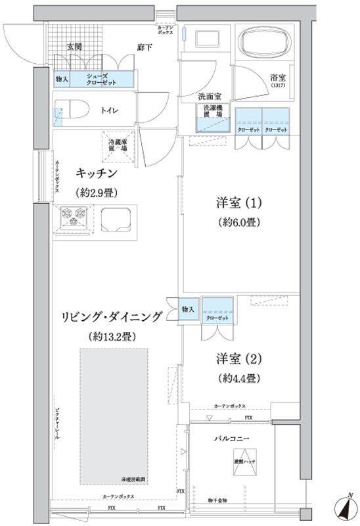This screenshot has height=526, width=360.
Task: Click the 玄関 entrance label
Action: coord(74,47)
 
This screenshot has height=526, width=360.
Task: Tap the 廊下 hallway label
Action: coord(145,47)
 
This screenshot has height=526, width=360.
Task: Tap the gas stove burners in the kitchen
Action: coord(74,216)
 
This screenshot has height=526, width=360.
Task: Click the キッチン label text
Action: coord(97,174)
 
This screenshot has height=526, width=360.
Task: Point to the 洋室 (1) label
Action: coord(239,202)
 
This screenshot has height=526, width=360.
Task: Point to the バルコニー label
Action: coord(233,438)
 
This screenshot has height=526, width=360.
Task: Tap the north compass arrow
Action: coord(343,506)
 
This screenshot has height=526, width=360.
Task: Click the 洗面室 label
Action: coord(212,96)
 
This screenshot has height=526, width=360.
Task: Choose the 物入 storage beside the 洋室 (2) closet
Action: coord(188,309)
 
